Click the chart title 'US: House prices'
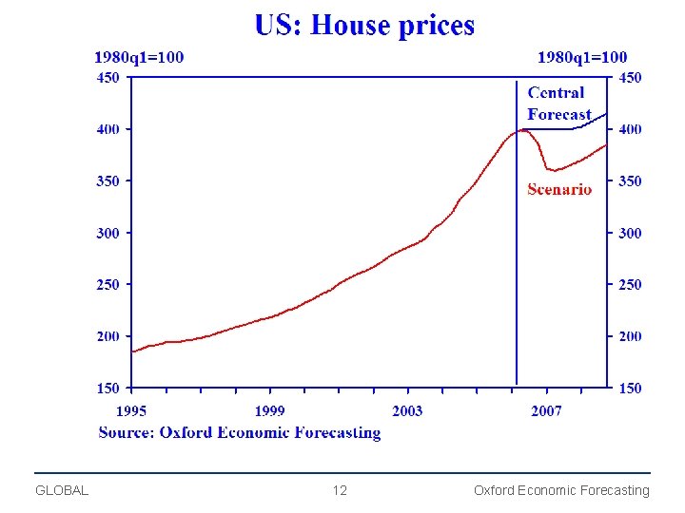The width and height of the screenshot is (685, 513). (x=364, y=25)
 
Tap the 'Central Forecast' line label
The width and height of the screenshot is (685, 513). (x=558, y=104)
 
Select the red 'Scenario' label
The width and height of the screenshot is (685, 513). (x=559, y=189)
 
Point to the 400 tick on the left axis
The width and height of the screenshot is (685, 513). (x=108, y=129)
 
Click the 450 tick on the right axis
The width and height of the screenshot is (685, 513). (x=630, y=78)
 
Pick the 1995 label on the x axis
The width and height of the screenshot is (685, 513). (x=131, y=410)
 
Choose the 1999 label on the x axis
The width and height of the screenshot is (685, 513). (x=269, y=410)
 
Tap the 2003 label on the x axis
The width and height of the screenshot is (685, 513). (x=407, y=410)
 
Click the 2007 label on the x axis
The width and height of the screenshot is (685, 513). (x=546, y=410)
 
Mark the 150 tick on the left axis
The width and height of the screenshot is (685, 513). (x=108, y=388)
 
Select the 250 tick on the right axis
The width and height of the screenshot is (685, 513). (x=630, y=284)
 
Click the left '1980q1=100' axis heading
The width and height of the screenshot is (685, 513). (x=139, y=58)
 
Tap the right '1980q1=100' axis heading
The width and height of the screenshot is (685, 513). (x=582, y=58)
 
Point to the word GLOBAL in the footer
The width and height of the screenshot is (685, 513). (x=62, y=490)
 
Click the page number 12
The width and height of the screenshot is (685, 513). (x=340, y=490)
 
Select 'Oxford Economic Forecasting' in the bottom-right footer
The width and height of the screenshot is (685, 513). (x=561, y=490)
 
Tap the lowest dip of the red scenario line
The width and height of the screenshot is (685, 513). (x=553, y=171)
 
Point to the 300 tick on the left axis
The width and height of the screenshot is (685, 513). (x=108, y=233)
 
